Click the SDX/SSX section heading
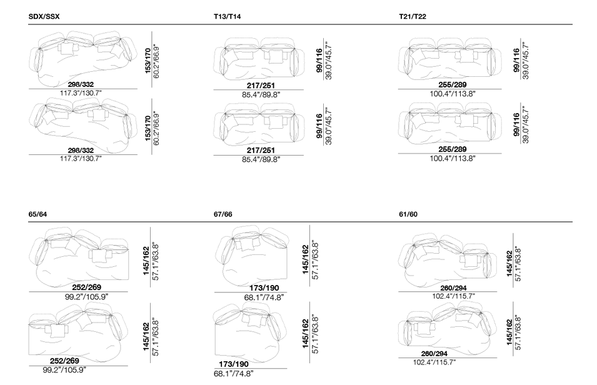click(44, 17)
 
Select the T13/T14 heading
click(227, 17)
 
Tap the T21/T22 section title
click(413, 17)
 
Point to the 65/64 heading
click(38, 214)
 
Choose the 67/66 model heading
click(223, 214)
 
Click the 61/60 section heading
click(408, 214)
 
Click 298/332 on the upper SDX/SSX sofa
click(81, 84)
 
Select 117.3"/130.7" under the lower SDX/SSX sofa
click(81, 158)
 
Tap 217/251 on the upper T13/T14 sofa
click(261, 86)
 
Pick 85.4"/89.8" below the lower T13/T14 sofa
click(261, 159)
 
